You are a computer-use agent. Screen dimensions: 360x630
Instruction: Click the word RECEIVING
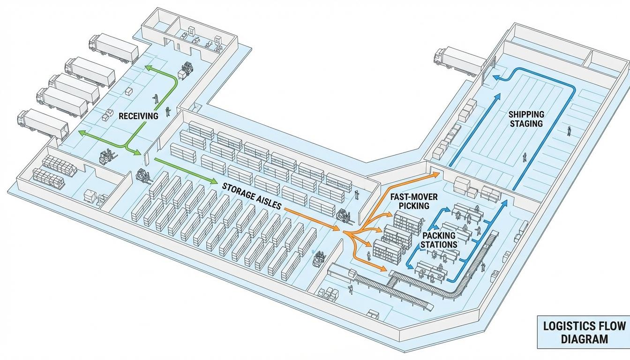tap(138, 115)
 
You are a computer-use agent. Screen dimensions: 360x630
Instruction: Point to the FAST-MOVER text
tap(413, 197)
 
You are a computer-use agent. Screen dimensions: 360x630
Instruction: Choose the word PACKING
tap(439, 235)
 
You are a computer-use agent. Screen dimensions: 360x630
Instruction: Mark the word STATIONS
tap(439, 245)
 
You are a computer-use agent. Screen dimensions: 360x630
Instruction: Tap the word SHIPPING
tap(526, 114)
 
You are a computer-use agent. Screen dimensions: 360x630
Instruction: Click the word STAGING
tap(527, 123)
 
